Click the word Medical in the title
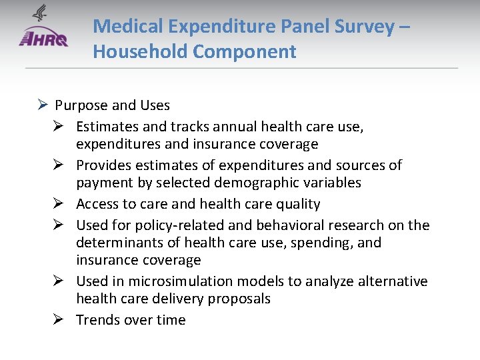[129, 27]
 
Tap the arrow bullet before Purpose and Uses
[42, 105]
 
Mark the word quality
[299, 204]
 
